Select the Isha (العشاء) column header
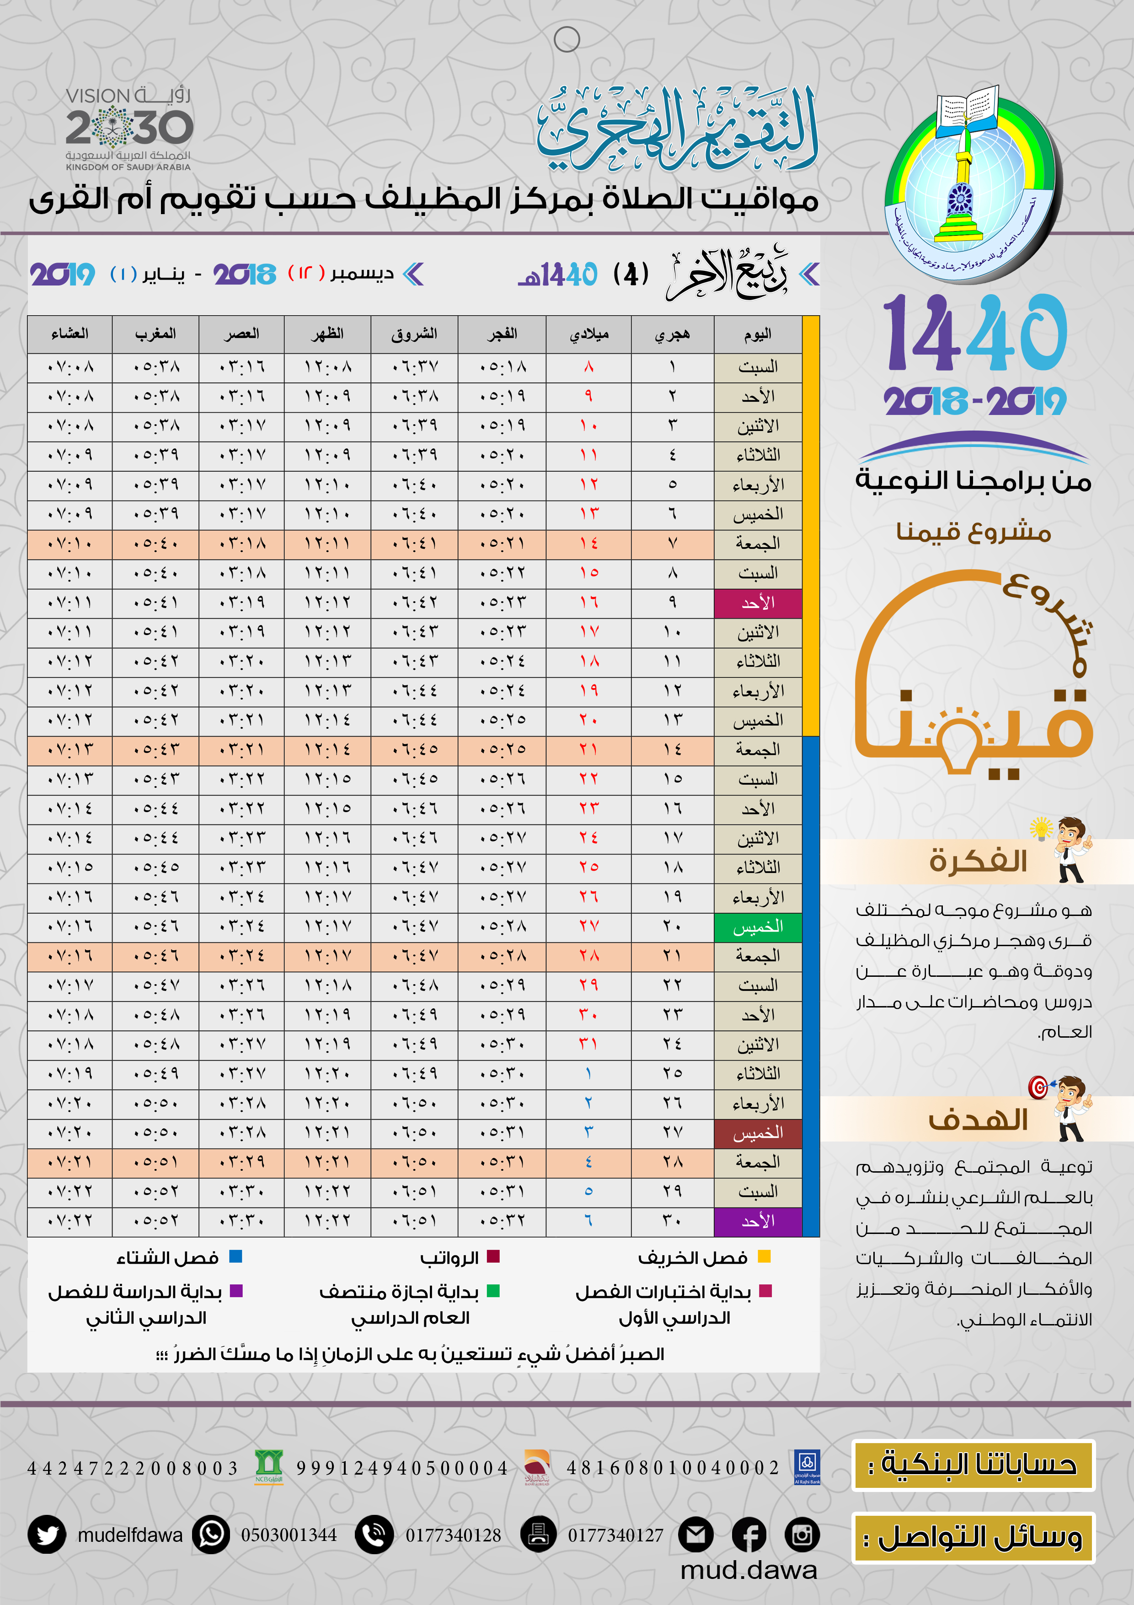click(x=70, y=334)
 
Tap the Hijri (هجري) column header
click(x=672, y=334)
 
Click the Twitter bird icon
click(x=47, y=1535)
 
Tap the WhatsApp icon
click(x=211, y=1535)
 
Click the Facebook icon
click(x=749, y=1535)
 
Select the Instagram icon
click(x=802, y=1535)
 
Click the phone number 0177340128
click(x=454, y=1535)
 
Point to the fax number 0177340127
click(x=615, y=1535)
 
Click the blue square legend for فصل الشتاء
click(x=236, y=1256)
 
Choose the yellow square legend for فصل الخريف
click(x=765, y=1256)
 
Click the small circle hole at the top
click(x=567, y=40)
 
